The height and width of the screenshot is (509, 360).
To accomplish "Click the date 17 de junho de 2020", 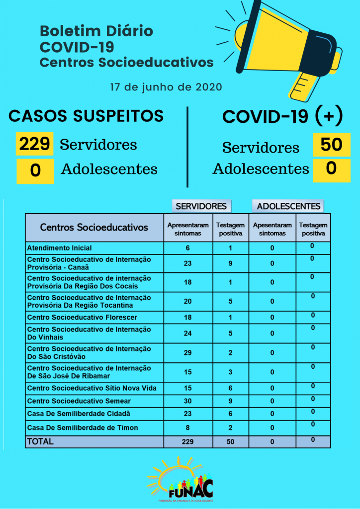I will (166, 87).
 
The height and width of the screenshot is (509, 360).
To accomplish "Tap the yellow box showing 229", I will (34, 144).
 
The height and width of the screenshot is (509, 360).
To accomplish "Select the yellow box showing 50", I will (331, 144).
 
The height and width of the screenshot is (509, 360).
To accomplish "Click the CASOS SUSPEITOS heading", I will (86, 116).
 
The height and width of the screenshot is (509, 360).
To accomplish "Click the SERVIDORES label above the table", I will (201, 206).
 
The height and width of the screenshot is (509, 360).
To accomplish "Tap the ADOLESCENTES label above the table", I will (288, 206).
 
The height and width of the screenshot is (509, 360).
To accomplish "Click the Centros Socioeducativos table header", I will (94, 227).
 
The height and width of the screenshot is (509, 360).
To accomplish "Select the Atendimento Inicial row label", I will (60, 248).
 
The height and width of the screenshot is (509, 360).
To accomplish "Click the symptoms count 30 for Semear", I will (187, 401).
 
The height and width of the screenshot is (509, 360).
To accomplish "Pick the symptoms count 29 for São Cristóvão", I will (187, 352).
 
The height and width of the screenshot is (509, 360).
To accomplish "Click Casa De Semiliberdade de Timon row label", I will (83, 427).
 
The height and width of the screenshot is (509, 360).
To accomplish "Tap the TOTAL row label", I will (40, 441).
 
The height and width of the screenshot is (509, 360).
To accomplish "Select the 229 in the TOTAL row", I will (187, 441).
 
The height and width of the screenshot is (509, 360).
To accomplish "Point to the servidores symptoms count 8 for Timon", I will (187, 427).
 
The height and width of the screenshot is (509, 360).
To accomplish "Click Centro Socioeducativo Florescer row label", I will (82, 317).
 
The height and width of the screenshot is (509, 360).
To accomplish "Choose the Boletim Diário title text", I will (96, 31).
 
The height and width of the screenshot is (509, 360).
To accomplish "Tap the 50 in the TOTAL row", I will (230, 441).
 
